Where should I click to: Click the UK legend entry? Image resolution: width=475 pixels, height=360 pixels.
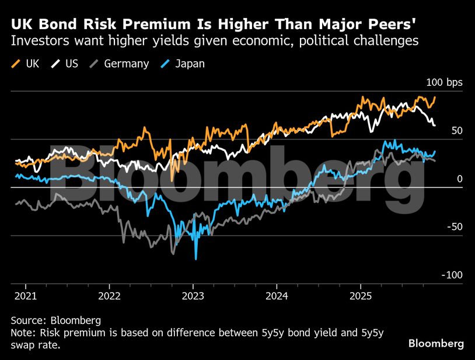tap(26, 64)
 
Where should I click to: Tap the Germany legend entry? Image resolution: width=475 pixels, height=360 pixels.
tap(120, 64)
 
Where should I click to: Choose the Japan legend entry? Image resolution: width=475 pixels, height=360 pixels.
tap(183, 64)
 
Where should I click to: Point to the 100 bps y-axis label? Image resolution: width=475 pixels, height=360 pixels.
tap(445, 82)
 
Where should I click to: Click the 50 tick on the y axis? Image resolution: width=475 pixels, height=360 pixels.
tap(456, 131)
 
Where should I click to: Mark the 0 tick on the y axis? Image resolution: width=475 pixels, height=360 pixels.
tap(459, 179)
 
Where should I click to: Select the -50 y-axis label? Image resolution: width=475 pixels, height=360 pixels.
tap(455, 227)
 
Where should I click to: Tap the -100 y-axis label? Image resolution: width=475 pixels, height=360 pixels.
tap(452, 275)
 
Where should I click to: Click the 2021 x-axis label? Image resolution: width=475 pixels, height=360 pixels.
tap(26, 295)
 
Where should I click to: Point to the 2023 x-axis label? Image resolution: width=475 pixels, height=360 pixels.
tap(194, 295)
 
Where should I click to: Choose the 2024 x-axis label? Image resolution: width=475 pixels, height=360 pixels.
tap(278, 295)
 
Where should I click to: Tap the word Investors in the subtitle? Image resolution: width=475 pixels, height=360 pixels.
tap(40, 41)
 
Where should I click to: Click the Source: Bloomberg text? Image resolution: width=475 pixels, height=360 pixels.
tap(56, 320)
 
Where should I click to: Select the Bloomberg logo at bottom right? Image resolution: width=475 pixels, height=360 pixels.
tap(436, 344)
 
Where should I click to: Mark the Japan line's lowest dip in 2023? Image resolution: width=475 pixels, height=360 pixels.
tap(196, 258)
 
